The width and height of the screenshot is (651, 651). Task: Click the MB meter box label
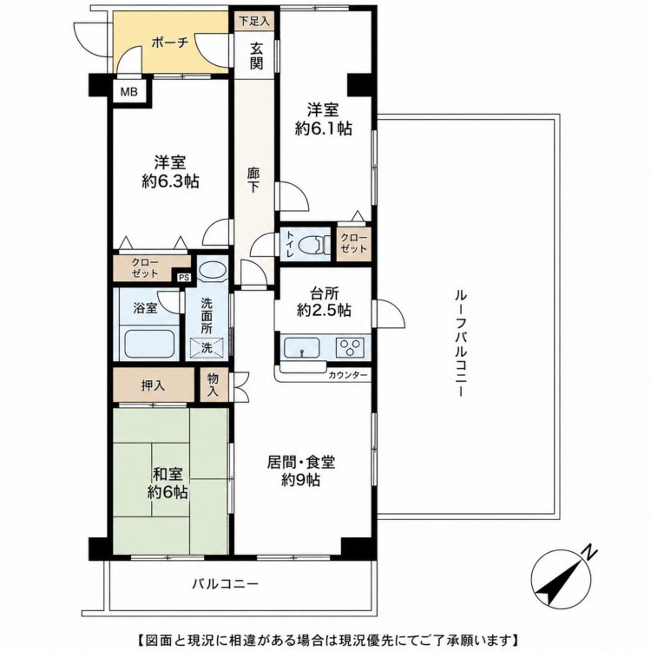point(128,91)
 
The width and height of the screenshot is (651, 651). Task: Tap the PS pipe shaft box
point(184,278)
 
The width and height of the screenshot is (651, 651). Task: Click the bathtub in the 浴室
point(148,343)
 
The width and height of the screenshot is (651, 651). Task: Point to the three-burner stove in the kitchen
point(352,347)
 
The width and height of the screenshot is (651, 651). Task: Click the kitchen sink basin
point(302,347)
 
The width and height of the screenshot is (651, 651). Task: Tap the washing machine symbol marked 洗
point(207,348)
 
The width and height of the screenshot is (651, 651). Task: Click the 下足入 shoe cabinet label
point(254,21)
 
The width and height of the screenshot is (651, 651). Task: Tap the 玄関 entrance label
point(256,56)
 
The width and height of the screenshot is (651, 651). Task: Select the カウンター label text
point(348,375)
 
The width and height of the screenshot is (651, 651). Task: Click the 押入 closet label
point(153,385)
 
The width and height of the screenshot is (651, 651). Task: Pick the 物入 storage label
point(213,385)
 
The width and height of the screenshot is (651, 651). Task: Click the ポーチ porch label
point(170,43)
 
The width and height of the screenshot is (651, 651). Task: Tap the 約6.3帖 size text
point(170,181)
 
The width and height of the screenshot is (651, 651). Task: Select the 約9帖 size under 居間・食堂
point(300,479)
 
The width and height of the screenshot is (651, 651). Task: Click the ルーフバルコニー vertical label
point(460,343)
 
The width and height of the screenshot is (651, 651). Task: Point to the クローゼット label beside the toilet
point(354,243)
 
